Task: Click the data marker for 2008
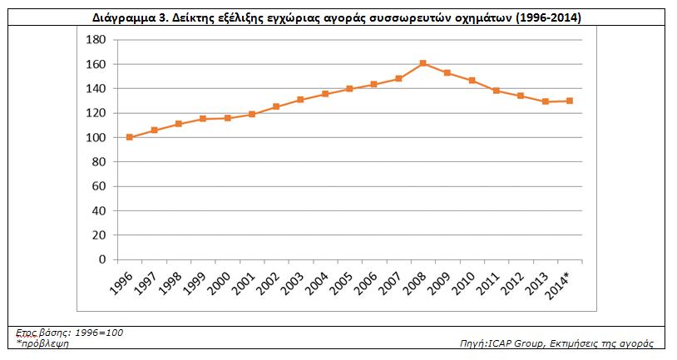(423, 63)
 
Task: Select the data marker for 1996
(130, 137)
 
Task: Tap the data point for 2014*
(569, 101)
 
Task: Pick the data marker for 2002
(276, 106)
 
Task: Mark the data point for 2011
(496, 91)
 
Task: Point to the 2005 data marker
(349, 88)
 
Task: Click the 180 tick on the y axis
(96, 40)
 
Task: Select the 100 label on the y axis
(96, 137)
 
